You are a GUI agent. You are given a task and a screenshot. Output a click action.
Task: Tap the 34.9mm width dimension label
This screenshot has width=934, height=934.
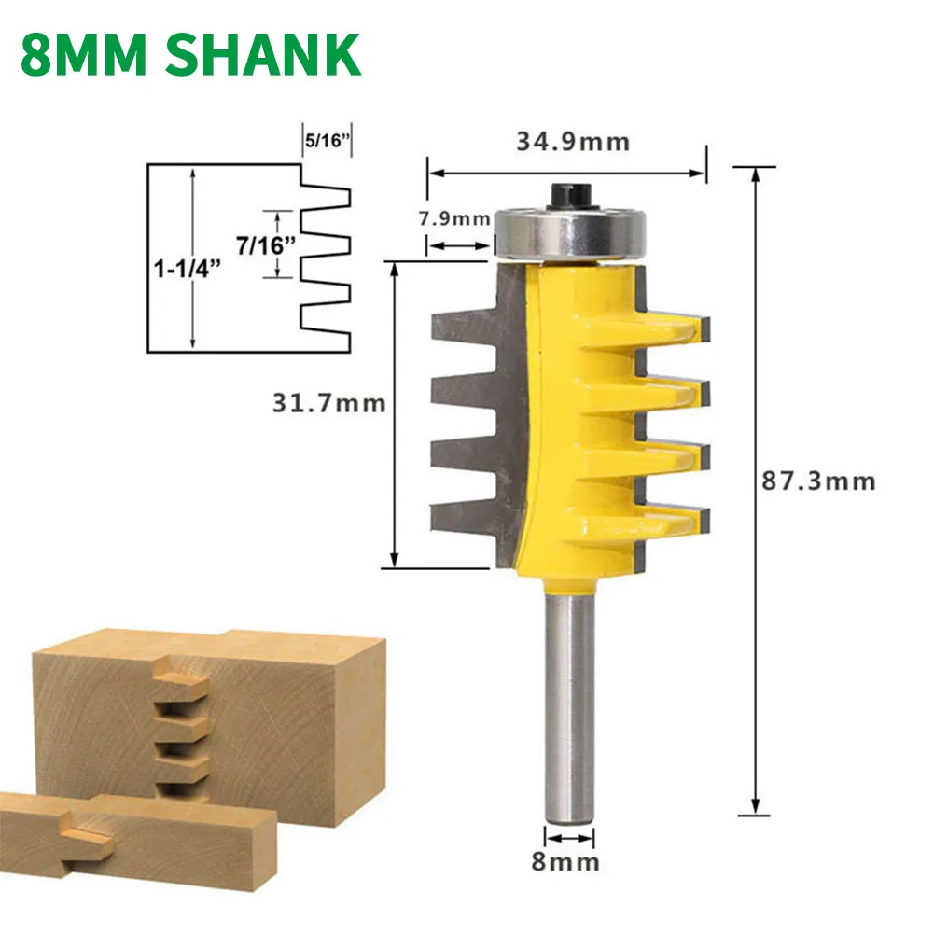(573, 143)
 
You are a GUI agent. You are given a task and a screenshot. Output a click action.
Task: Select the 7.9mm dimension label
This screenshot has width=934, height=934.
(453, 219)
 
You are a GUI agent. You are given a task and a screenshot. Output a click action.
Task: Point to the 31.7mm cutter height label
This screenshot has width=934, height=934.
(328, 403)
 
